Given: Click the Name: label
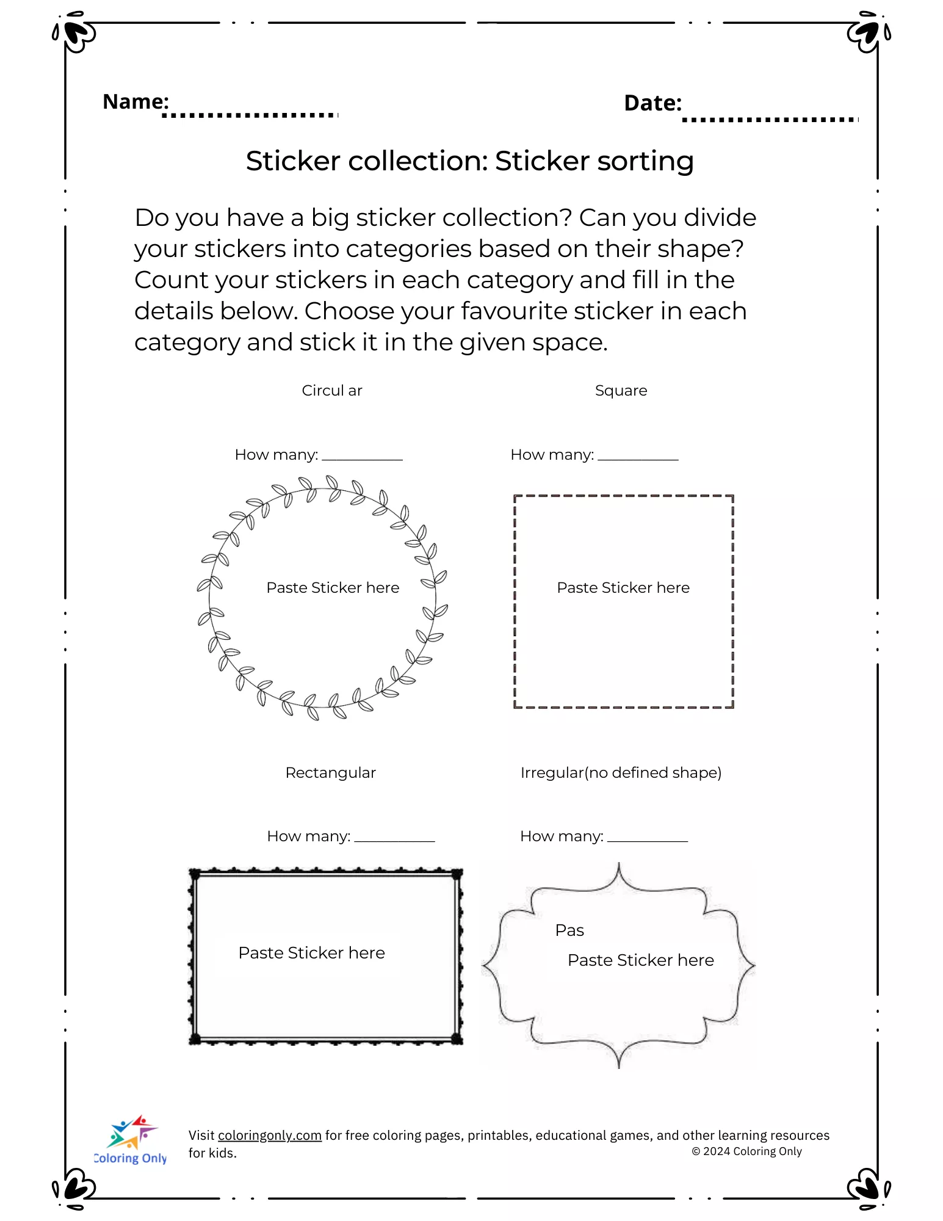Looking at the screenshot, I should click(x=135, y=101).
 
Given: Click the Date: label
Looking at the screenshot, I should click(x=652, y=103).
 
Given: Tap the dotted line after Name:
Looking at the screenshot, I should click(x=250, y=115).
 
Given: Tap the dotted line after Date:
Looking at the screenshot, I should click(x=770, y=119).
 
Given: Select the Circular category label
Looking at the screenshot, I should click(x=332, y=391).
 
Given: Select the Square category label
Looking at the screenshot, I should click(x=621, y=391).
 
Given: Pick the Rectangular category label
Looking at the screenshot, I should click(x=330, y=773).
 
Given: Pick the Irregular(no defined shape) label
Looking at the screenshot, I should click(x=621, y=773).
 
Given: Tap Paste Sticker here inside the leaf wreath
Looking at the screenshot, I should click(x=333, y=588).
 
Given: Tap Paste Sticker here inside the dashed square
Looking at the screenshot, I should click(x=623, y=588).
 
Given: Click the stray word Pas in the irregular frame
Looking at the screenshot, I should click(x=569, y=930).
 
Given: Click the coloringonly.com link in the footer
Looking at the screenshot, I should click(x=269, y=1136).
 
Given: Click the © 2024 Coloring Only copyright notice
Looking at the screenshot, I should click(x=746, y=1151).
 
